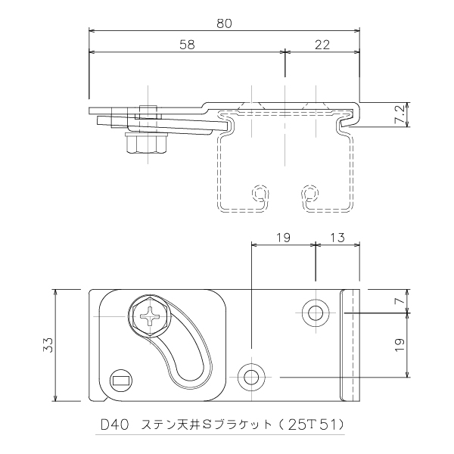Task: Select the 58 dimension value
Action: tap(187, 44)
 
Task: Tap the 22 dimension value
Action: tap(322, 44)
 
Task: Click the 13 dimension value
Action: tap(338, 238)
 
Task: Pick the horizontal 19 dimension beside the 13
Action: tap(284, 238)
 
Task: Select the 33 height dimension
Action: tap(47, 346)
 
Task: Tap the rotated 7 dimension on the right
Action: tap(401, 302)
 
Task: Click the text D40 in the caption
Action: tap(114, 424)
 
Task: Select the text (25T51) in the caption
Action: tap(315, 424)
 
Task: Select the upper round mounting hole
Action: tap(315, 311)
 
